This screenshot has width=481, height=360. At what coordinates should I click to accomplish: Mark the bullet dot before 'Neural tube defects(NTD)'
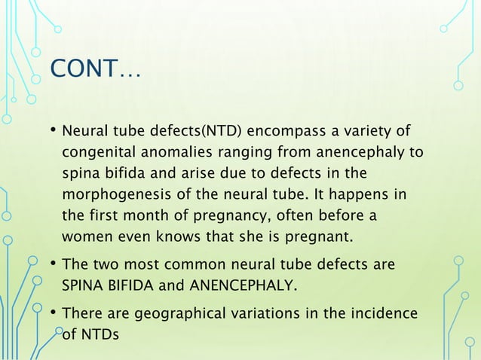(x=54, y=133)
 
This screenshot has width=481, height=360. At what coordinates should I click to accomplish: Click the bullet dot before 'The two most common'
(x=54, y=264)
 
